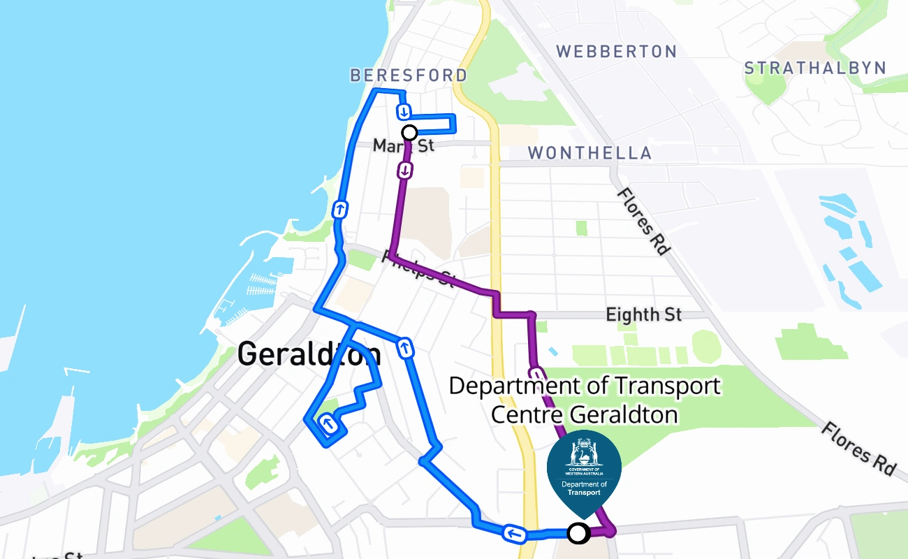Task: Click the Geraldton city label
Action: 309,354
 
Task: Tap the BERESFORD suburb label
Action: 409,75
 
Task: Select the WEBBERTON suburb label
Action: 617,52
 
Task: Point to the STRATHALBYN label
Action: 815,68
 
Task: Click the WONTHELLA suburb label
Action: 590,153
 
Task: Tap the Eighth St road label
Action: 643,314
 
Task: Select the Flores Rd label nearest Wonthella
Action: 640,221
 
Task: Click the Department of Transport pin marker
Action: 584,467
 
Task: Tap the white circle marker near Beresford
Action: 410,133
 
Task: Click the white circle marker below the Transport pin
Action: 578,534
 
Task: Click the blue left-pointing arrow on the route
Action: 513,535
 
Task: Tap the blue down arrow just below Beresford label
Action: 404,112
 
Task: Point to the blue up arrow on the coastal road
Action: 339,209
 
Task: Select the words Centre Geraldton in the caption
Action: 584,414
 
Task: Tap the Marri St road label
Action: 403,145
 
